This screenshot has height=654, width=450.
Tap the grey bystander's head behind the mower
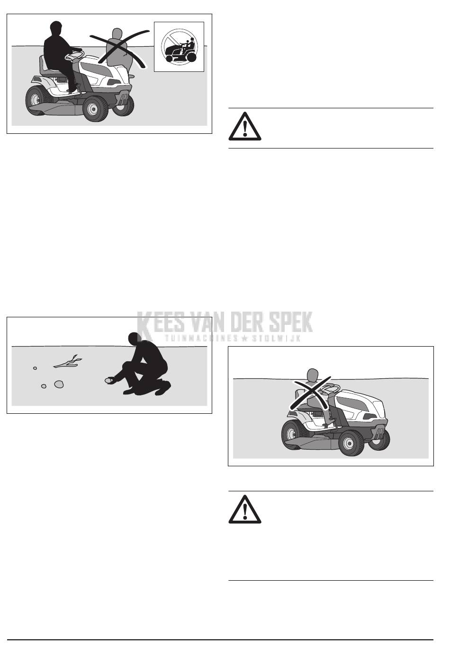(117, 35)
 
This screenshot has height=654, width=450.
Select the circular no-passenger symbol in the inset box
(179, 46)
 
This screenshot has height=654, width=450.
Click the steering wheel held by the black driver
(74, 54)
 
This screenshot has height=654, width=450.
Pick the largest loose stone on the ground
(59, 384)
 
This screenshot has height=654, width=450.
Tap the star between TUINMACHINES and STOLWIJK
(245, 339)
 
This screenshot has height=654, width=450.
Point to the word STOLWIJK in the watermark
(277, 339)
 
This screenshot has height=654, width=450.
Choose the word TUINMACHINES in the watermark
(201, 339)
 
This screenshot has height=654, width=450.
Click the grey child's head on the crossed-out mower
(313, 375)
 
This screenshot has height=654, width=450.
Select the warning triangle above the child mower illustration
(245, 126)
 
